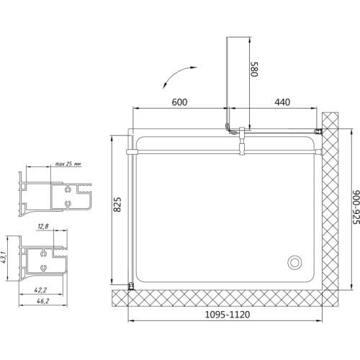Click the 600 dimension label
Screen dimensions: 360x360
click(x=179, y=102)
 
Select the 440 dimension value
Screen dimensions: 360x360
click(x=282, y=102)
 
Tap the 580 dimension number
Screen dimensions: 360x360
click(x=254, y=69)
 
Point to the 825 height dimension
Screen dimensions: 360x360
click(x=117, y=204)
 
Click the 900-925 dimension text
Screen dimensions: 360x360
click(x=356, y=207)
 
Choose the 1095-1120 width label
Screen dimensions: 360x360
click(x=228, y=315)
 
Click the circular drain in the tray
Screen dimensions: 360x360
click(x=294, y=262)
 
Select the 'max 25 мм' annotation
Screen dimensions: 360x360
click(x=68, y=164)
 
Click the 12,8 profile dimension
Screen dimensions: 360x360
click(x=43, y=226)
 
